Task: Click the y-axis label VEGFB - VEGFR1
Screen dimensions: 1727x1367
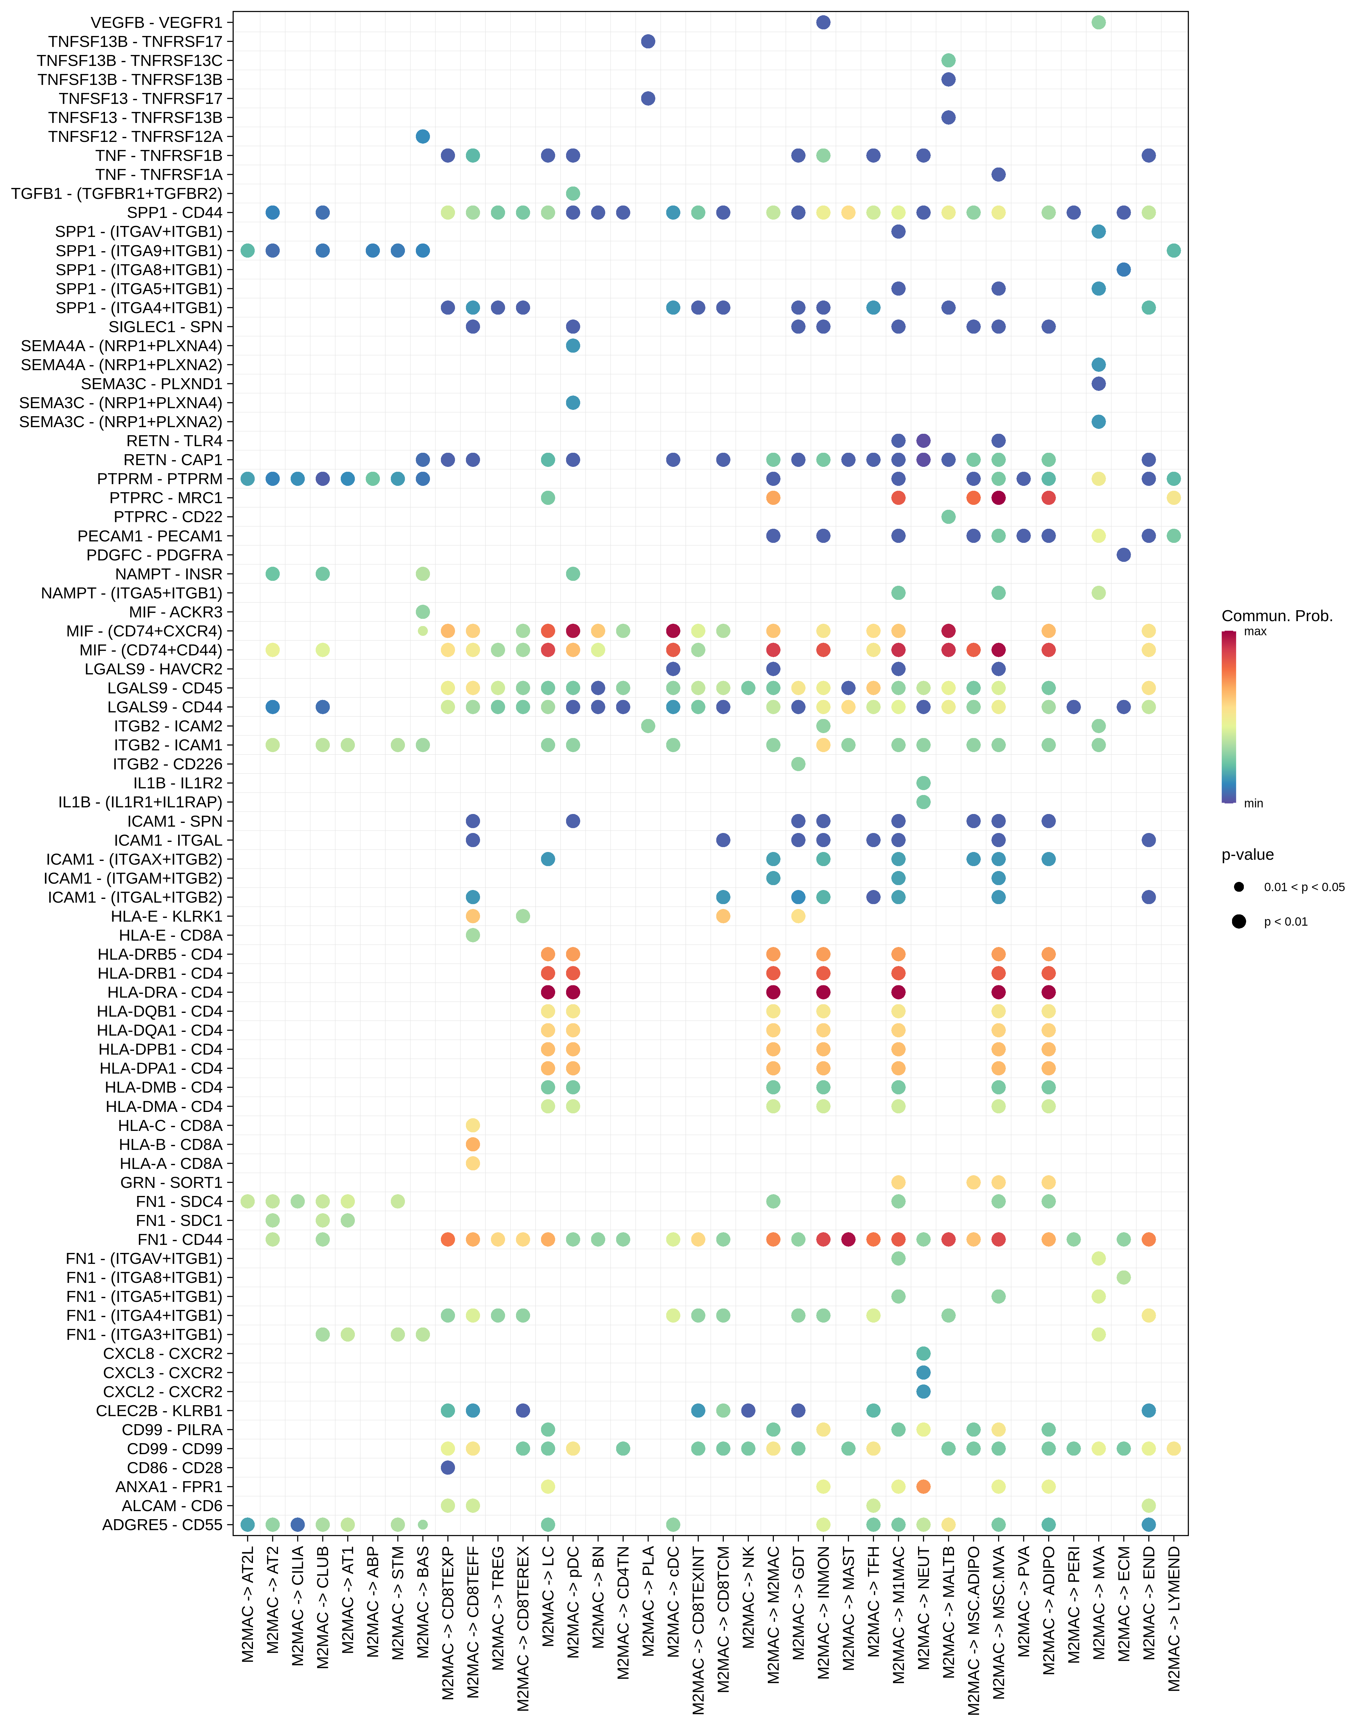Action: click(157, 22)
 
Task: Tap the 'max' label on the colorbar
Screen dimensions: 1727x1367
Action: click(1255, 632)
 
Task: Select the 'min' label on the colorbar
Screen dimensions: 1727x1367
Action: click(1253, 803)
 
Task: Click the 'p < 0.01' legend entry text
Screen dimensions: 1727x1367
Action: click(1285, 922)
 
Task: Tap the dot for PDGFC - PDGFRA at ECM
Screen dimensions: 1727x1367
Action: click(1124, 555)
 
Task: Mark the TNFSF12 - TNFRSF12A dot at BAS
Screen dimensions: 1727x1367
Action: click(422, 137)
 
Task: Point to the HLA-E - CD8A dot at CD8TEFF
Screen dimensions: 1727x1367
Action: click(473, 935)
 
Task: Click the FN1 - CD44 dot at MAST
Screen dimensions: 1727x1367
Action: click(848, 1240)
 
